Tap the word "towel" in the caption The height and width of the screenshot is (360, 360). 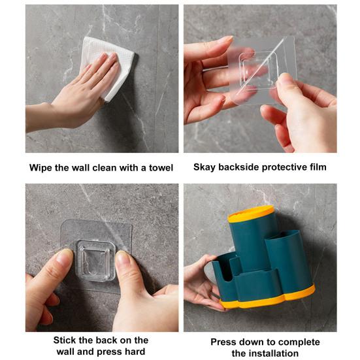(x=161, y=168)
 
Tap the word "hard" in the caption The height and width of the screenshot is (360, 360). (x=135, y=352)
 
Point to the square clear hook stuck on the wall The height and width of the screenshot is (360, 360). (x=96, y=260)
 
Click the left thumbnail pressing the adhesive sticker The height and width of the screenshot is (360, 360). (x=65, y=257)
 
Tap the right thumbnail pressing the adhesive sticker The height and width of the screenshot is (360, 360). (x=123, y=257)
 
